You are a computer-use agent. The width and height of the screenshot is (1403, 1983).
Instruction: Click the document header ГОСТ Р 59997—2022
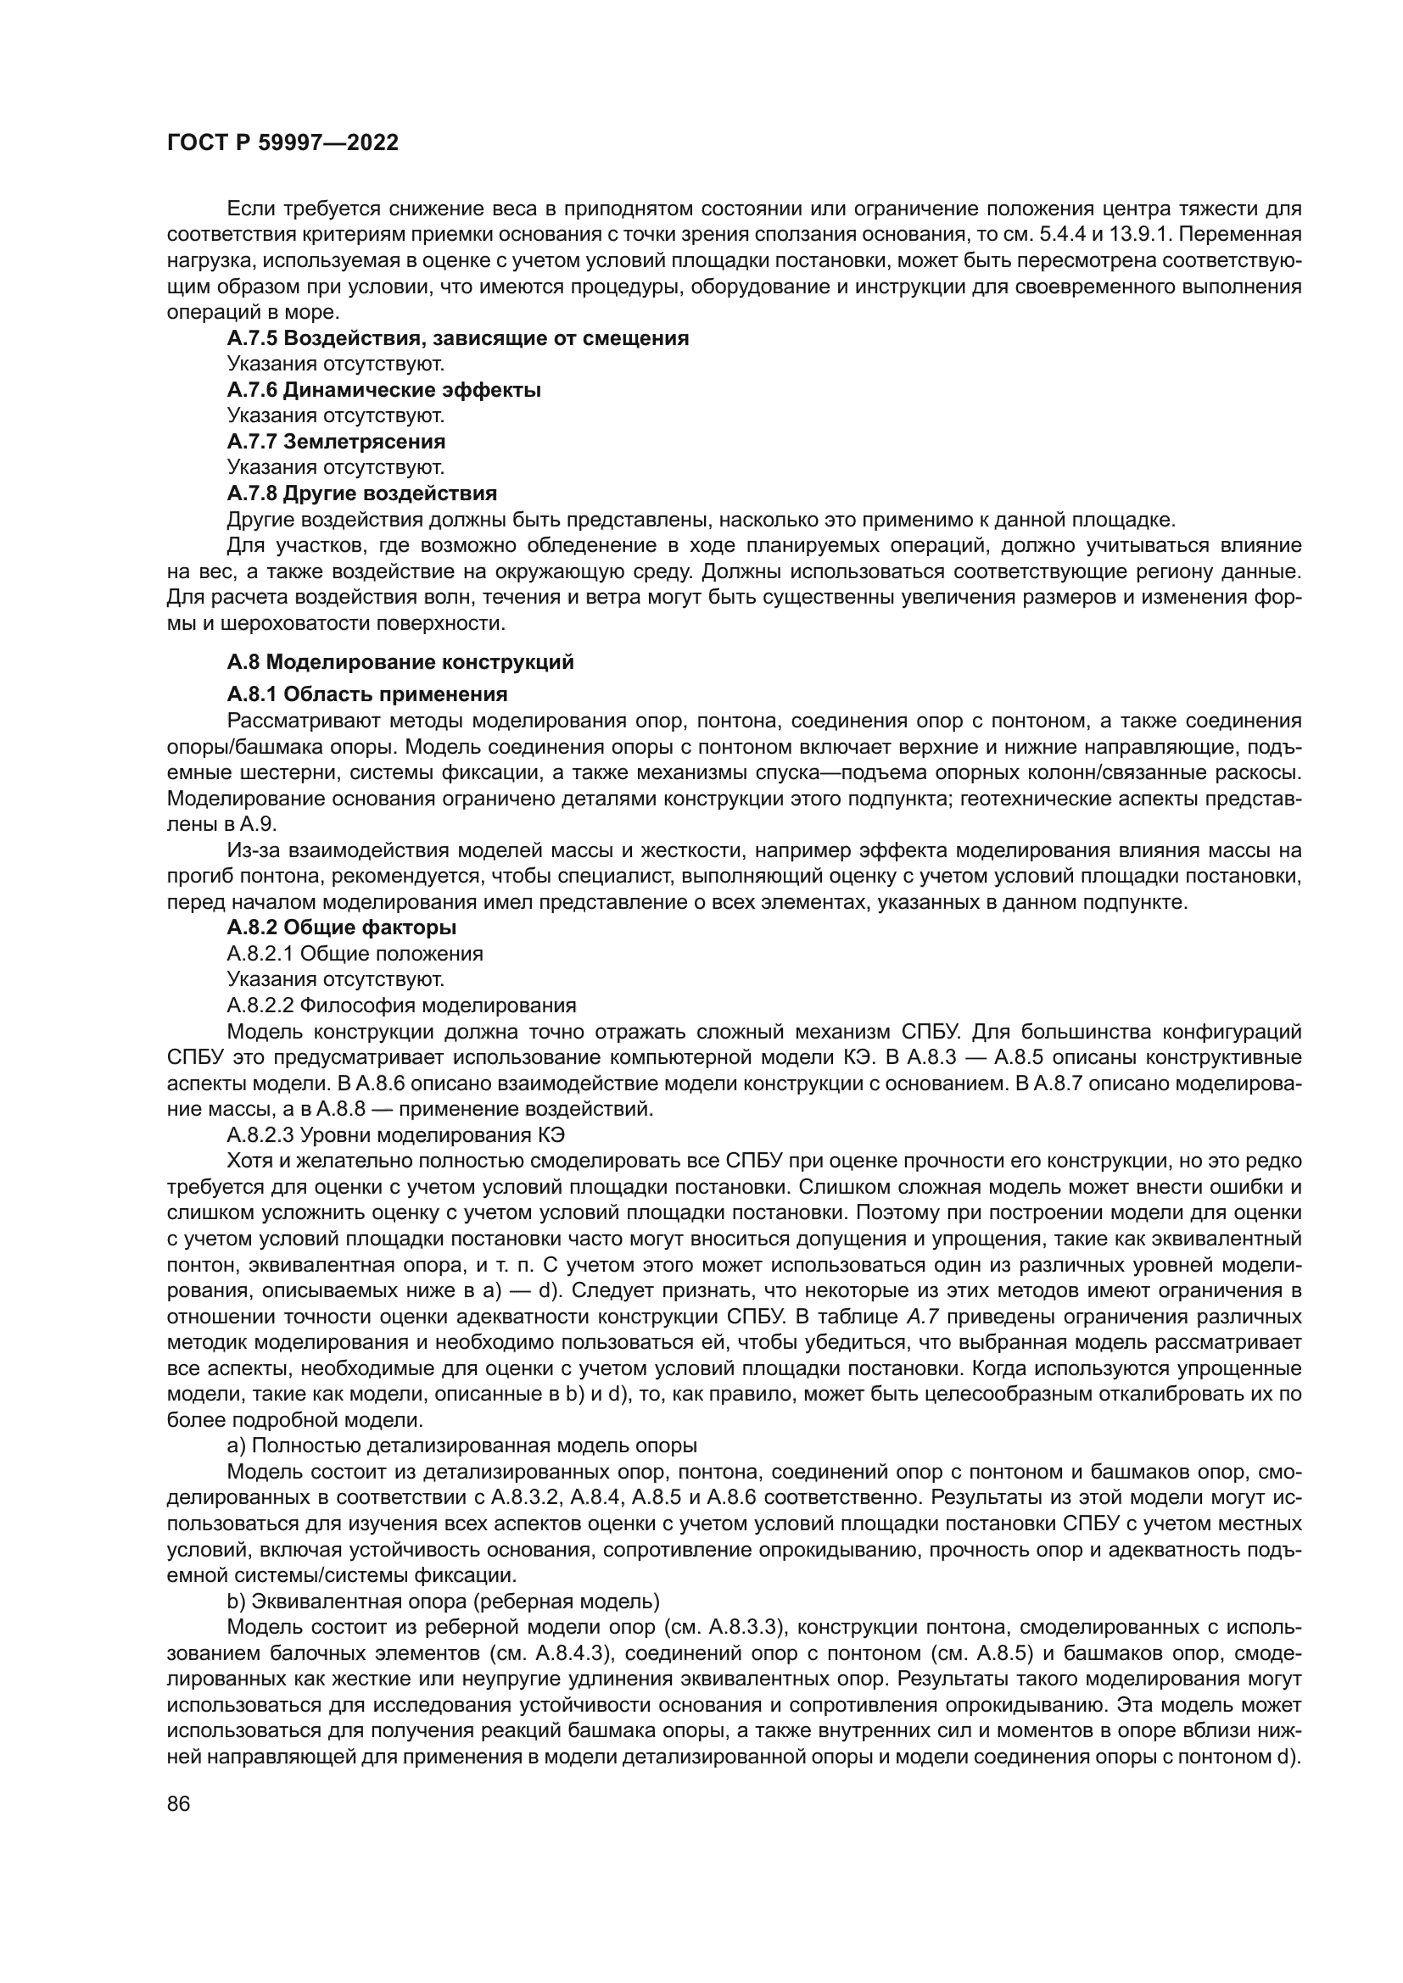(x=282, y=143)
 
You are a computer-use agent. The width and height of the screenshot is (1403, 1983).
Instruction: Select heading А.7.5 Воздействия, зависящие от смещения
(x=458, y=338)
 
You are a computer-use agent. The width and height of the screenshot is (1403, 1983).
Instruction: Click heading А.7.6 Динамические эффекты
(x=383, y=390)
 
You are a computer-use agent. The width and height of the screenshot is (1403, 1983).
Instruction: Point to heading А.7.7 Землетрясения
(x=336, y=443)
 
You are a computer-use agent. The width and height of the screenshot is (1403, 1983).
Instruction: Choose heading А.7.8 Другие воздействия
(x=362, y=494)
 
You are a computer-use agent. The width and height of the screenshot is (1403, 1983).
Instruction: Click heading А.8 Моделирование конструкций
(x=400, y=662)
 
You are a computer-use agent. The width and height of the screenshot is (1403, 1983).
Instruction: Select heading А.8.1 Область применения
(x=367, y=694)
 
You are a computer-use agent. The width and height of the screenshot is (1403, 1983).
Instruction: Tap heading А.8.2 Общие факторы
(x=341, y=927)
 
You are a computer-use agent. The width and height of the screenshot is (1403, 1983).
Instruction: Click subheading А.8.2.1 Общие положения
(x=355, y=954)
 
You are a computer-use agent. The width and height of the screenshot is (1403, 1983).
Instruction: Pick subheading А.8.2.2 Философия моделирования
(x=401, y=1005)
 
